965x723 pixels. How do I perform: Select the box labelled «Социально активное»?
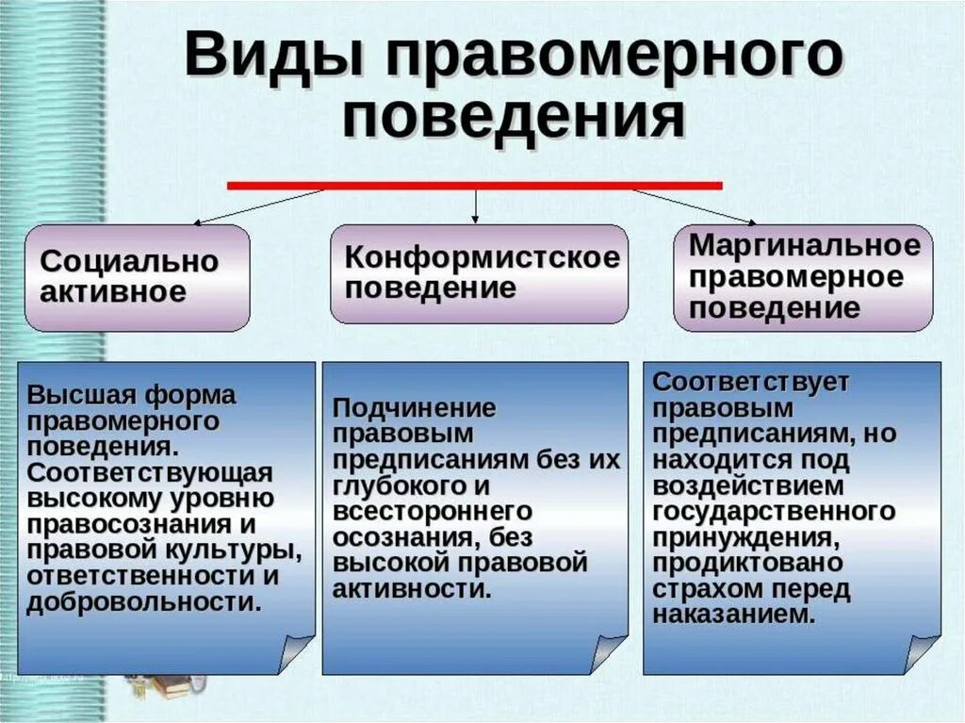[x=138, y=277]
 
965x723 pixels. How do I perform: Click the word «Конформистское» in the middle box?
[x=482, y=256]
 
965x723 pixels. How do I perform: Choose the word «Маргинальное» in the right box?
[x=804, y=246]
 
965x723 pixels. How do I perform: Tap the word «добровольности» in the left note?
[x=143, y=602]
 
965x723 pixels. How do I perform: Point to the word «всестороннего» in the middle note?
[x=433, y=512]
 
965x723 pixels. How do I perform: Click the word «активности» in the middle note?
[x=411, y=590]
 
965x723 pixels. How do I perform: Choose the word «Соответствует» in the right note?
[x=751, y=383]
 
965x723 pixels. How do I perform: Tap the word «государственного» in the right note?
[x=773, y=512]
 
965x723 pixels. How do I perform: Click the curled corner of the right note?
[x=921, y=652]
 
